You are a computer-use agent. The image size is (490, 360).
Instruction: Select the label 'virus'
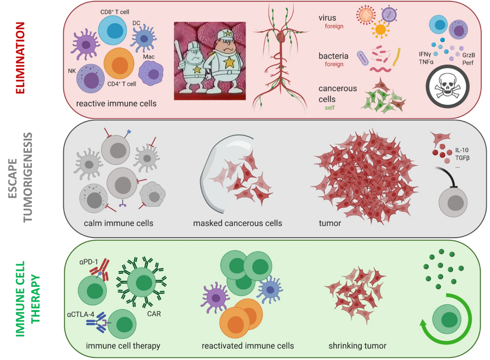tap(327, 18)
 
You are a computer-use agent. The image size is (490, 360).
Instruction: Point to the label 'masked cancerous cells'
tap(238, 223)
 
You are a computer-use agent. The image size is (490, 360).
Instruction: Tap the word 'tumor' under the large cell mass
tap(330, 223)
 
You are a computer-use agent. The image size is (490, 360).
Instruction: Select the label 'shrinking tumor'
tap(358, 346)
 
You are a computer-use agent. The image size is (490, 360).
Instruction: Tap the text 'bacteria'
tap(333, 55)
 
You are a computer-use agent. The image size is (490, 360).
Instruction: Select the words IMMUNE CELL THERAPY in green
tap(29, 299)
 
